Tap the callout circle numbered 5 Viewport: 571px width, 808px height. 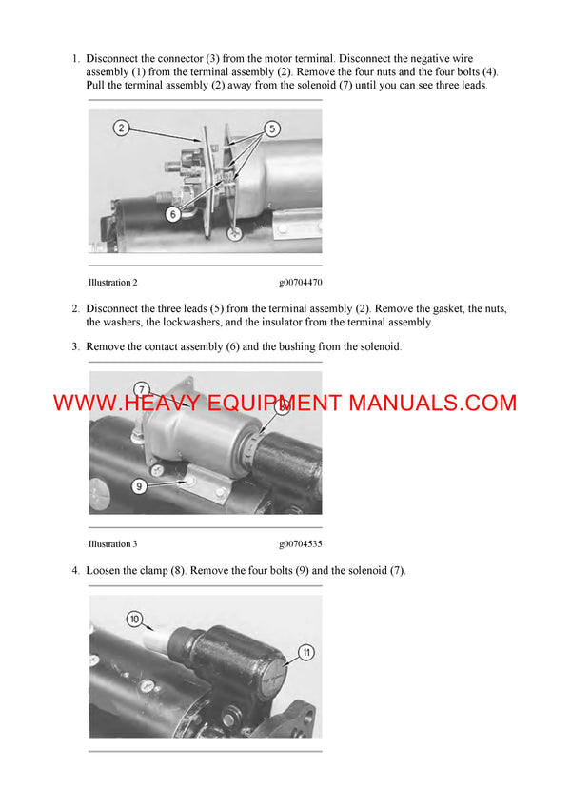[271, 128]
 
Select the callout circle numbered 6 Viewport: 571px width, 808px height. [172, 214]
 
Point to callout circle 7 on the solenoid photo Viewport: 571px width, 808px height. [142, 390]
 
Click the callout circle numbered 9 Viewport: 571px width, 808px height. [139, 485]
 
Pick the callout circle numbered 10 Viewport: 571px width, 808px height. [134, 620]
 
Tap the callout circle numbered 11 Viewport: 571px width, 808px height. [305, 652]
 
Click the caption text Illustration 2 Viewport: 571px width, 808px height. [112, 283]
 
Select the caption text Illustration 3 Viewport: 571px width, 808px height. [112, 544]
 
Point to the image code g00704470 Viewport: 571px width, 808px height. [301, 283]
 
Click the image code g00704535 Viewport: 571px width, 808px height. [301, 544]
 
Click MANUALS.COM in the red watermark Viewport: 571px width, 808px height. [432, 403]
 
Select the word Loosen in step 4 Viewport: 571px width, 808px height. [105, 571]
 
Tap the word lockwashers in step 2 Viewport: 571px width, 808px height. [174, 323]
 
